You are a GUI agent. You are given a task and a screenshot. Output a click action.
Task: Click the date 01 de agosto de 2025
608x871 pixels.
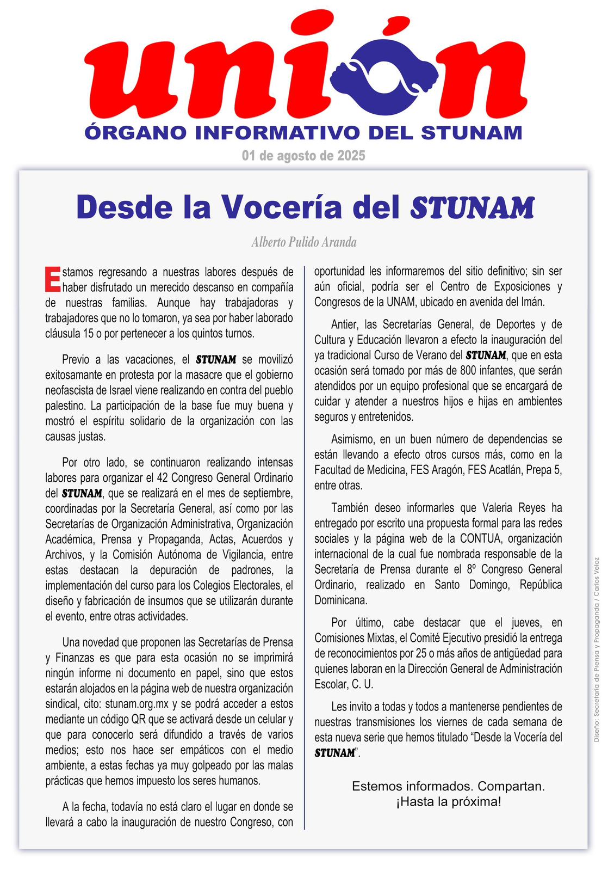point(303,156)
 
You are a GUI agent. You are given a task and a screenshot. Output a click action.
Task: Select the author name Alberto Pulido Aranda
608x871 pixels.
point(304,242)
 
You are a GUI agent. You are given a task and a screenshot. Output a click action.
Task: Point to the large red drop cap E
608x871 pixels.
point(52,279)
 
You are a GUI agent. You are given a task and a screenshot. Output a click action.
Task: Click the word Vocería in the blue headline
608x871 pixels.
point(281,207)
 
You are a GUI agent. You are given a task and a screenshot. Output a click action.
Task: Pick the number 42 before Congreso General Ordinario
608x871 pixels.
point(163,477)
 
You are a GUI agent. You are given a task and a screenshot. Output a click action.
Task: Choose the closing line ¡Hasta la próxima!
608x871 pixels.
point(448,802)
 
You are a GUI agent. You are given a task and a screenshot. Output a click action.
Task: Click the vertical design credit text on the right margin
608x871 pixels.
point(597,649)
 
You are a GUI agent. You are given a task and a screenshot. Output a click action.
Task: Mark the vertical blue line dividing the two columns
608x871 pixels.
point(304,544)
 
